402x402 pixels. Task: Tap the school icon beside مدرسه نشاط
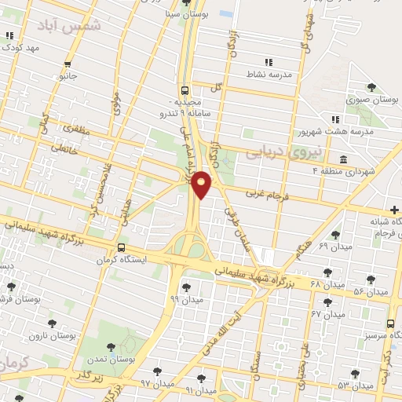coord(268,61)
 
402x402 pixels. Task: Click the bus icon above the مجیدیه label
coord(185,90)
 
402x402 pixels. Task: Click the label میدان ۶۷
coord(327,313)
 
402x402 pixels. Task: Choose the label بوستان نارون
coord(74,335)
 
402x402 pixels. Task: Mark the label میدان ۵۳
coord(355,385)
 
